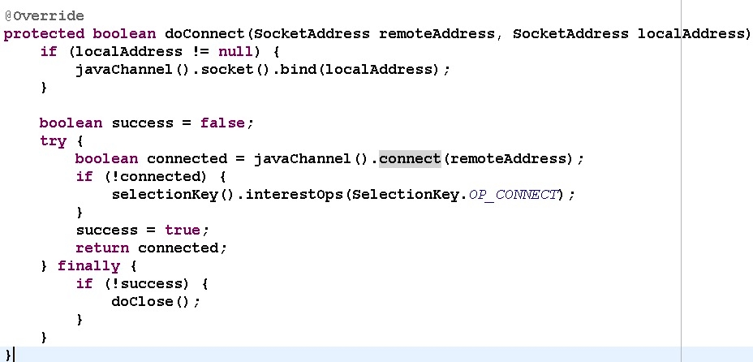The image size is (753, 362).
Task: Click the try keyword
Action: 53,141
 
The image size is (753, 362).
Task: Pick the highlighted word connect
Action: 410,159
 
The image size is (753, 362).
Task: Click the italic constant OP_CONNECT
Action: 514,195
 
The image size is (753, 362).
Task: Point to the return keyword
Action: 102,248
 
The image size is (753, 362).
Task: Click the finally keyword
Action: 88,266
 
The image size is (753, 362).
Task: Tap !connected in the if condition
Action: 151,177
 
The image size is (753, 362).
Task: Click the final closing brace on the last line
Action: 8,355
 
